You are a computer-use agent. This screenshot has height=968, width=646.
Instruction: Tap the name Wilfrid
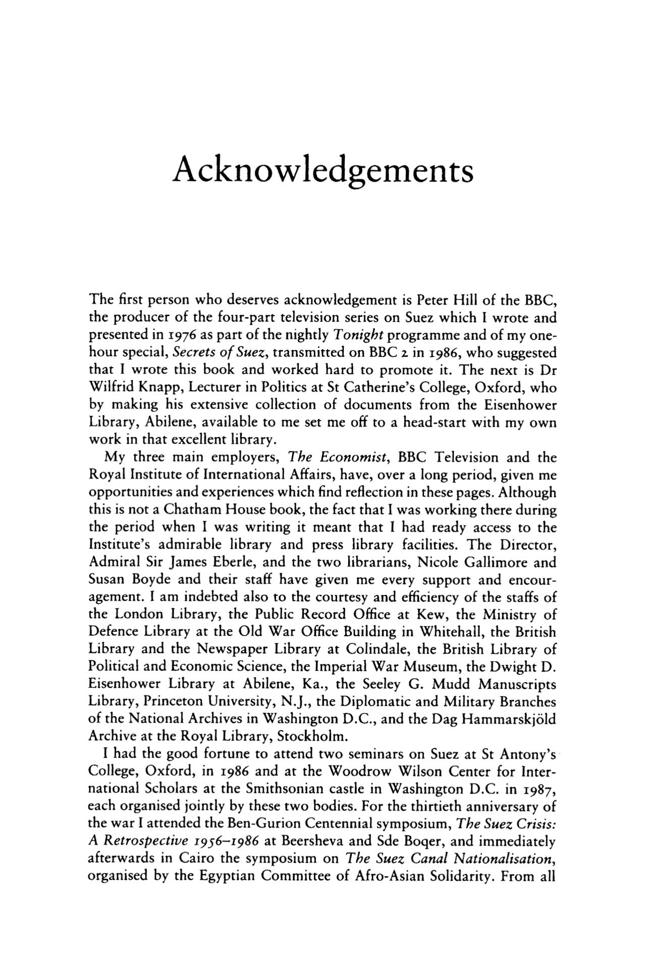coord(111,388)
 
